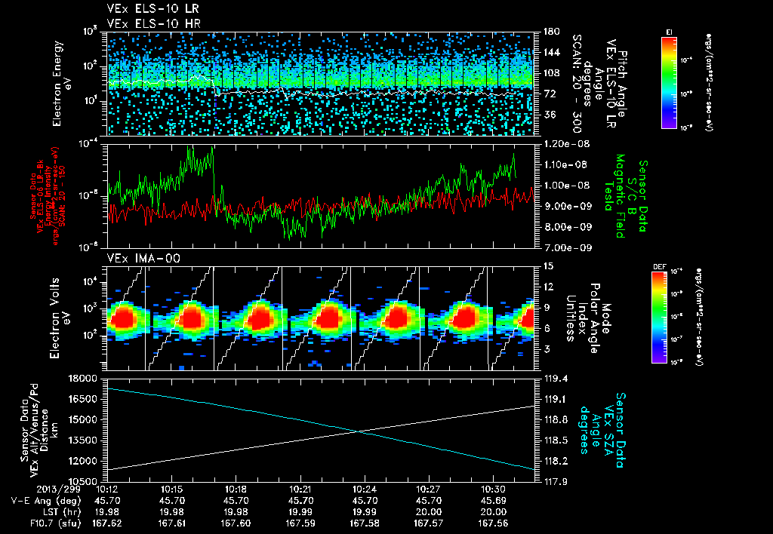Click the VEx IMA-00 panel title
(x=137, y=258)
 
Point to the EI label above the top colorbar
(x=669, y=32)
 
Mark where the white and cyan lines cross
(x=360, y=431)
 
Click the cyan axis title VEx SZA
(x=606, y=423)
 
